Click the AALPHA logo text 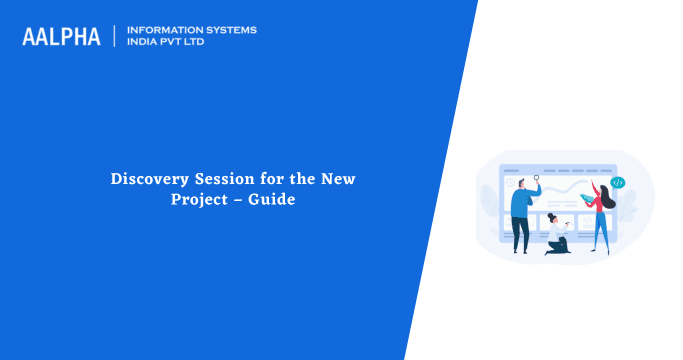pyautogui.click(x=61, y=36)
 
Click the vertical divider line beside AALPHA pyautogui.click(x=115, y=36)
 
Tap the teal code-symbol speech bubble pyautogui.click(x=618, y=183)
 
